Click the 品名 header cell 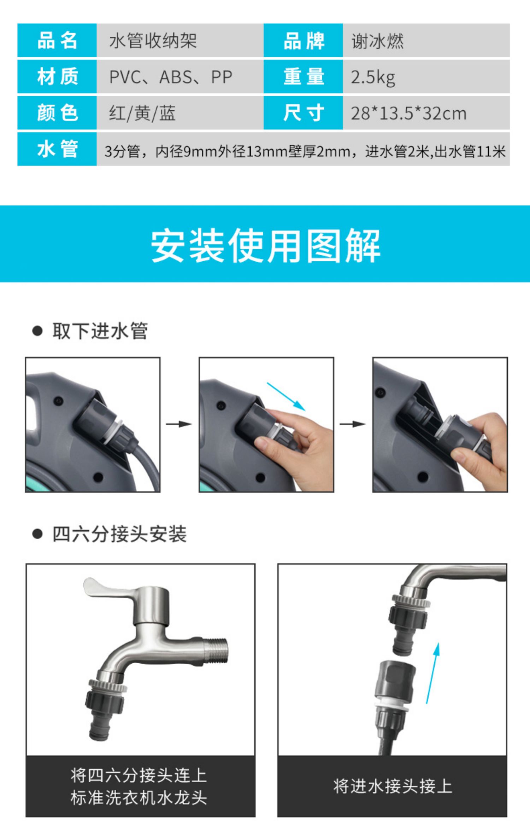click(57, 40)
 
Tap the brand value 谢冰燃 click(377, 41)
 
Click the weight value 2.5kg click(373, 77)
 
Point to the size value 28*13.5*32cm click(408, 113)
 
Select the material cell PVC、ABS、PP click(171, 77)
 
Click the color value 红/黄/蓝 click(142, 113)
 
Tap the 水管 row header click(57, 149)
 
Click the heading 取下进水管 click(100, 331)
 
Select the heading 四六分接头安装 click(119, 534)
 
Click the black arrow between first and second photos click(179, 424)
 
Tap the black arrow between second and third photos click(352, 424)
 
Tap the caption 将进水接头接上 click(392, 786)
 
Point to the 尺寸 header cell click(303, 113)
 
